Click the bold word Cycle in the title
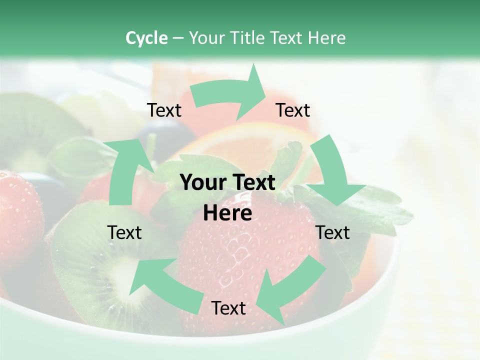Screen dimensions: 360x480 tap(146, 38)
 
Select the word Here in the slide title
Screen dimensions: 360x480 tap(327, 38)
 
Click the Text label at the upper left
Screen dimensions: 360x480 tap(164, 110)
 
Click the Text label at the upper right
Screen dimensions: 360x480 tap(293, 110)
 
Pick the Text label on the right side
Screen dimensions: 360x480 tap(333, 232)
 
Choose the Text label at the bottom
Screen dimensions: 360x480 tap(228, 308)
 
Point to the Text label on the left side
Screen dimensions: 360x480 tap(124, 232)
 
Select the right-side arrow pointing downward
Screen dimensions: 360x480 tap(332, 172)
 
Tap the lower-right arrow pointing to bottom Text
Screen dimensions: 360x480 tap(290, 287)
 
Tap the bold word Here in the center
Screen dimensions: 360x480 tap(227, 213)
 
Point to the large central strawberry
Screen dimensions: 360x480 tap(235, 255)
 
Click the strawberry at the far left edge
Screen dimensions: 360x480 tap(17, 210)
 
